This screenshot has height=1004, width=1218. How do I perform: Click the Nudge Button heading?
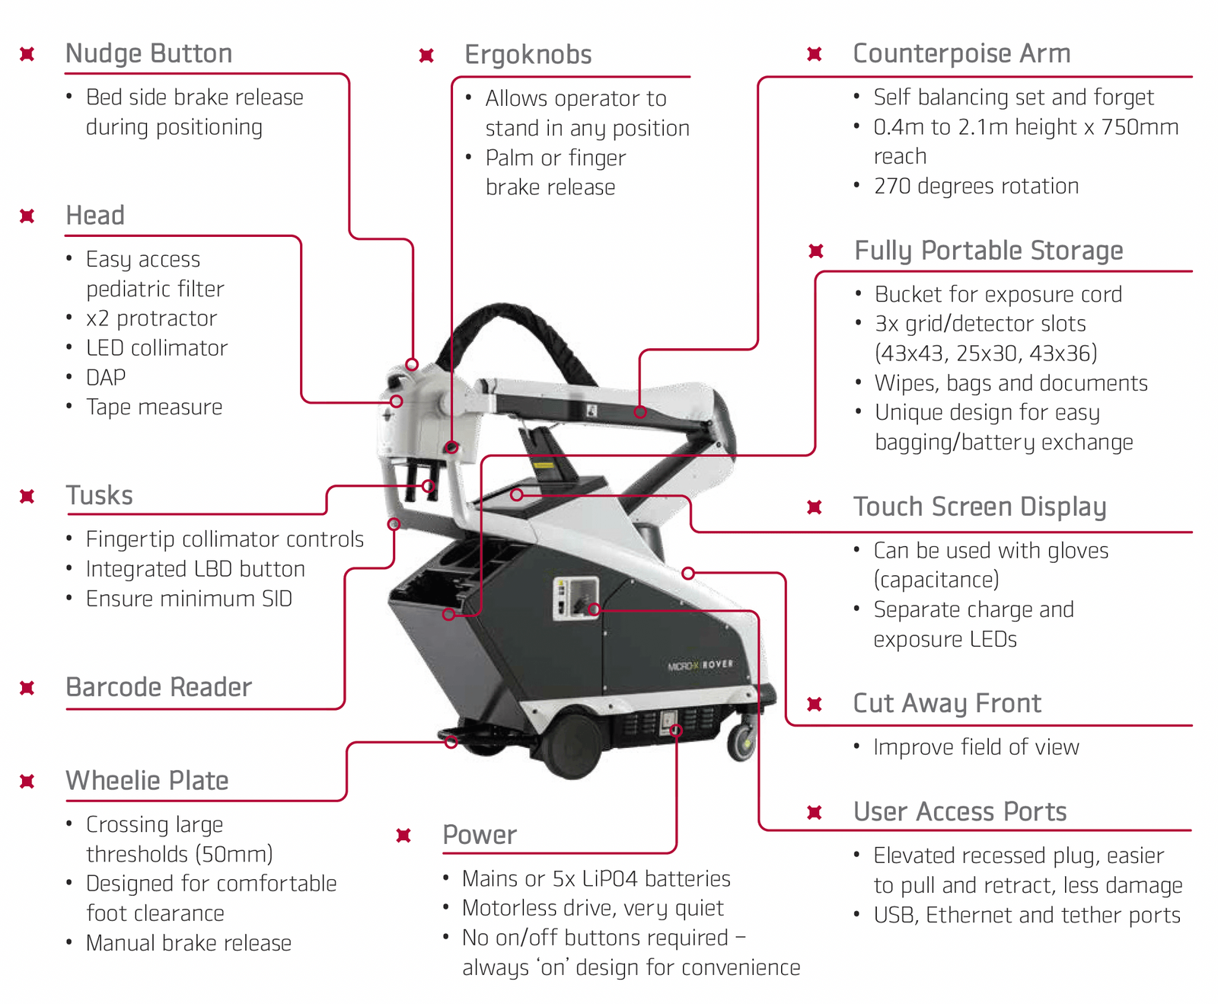point(148,54)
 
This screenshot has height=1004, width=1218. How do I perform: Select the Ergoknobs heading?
point(528,55)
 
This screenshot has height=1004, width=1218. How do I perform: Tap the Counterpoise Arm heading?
point(961,54)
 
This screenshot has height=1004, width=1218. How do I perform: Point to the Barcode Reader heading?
point(158,687)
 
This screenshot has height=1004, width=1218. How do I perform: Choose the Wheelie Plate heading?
point(147,781)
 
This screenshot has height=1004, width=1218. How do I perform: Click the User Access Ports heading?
point(959,812)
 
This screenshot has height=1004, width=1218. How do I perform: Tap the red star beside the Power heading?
point(403,836)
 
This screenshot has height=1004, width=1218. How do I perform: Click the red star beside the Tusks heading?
point(27,497)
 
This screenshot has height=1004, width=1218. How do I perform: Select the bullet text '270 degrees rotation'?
point(976,186)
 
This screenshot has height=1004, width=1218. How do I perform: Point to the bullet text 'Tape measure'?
point(154,407)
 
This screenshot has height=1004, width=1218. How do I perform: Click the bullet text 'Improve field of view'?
point(976,747)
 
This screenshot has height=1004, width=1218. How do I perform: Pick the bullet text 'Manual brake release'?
point(188,943)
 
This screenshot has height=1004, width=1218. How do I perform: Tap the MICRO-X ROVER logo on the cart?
point(700,665)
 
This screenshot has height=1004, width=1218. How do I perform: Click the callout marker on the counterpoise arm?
point(640,412)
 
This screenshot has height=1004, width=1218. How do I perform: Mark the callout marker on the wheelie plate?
point(451,742)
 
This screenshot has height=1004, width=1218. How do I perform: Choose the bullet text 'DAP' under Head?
point(106,378)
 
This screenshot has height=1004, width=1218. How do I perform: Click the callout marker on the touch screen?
point(517,495)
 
